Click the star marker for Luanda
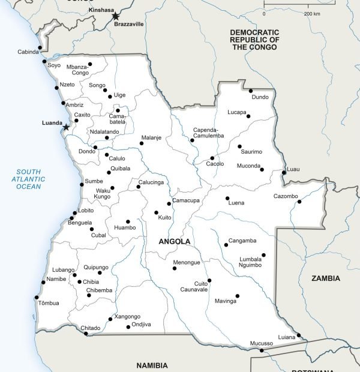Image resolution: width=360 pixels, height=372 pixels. pos(66,127)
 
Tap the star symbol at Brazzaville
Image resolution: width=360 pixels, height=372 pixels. pos(116,16)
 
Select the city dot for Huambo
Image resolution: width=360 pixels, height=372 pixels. pos(127,221)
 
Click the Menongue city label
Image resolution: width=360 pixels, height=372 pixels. pos(186,263)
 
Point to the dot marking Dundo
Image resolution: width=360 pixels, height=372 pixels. pos(251,91)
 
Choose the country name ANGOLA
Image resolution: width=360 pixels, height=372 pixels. pos(175,242)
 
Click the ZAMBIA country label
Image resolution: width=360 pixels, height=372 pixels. pos(326,278)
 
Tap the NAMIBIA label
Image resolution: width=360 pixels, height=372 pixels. pos(152,365)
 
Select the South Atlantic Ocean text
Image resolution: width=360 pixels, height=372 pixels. pos(29,179)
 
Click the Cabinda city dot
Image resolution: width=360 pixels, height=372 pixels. pos(40,48)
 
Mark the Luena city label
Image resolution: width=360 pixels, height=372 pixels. pos(236,203)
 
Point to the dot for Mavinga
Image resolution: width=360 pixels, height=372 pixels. pos(237,295)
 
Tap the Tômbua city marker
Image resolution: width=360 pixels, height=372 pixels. pos(37,297)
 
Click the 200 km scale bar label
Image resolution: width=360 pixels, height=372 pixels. pos(311,13)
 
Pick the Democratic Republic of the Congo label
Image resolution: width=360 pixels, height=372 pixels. pos(255,39)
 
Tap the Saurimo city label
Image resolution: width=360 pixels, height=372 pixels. pos(251,152)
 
